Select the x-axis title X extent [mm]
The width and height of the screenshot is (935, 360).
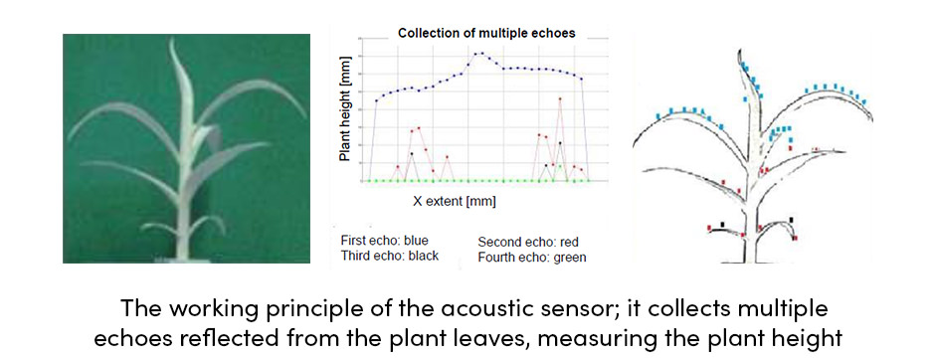click(x=455, y=201)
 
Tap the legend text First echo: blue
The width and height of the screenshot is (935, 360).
click(x=384, y=242)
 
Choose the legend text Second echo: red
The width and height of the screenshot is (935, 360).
click(x=528, y=243)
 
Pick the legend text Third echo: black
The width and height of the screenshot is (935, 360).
click(x=389, y=257)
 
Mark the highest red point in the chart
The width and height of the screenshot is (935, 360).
click(x=560, y=98)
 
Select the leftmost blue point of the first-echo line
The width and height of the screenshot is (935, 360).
click(x=376, y=100)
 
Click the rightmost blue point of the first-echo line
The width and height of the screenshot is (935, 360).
click(x=582, y=79)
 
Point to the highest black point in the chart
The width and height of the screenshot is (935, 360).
click(x=560, y=143)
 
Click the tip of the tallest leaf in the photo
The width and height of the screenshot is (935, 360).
click(x=172, y=40)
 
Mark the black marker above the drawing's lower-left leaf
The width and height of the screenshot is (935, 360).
click(x=723, y=225)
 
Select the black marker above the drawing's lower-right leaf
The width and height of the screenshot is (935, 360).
click(x=792, y=220)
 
